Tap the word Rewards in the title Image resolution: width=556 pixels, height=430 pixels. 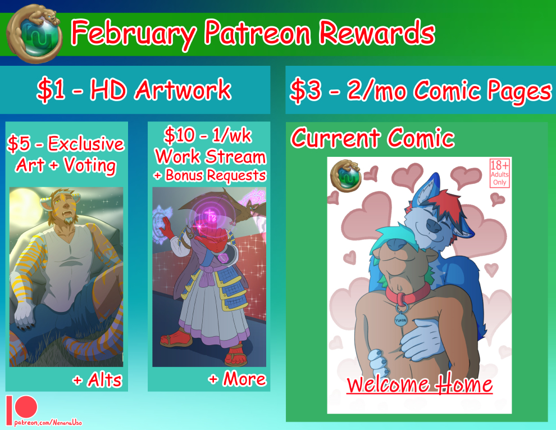coord(377,32)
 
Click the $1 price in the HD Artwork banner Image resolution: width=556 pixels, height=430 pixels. coord(51,89)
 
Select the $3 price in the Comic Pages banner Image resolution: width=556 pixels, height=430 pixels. coord(306,90)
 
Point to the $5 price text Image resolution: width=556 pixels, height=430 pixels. coord(19,144)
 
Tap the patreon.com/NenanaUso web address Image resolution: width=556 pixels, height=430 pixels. coord(48,423)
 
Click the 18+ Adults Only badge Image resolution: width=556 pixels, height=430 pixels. coord(500,173)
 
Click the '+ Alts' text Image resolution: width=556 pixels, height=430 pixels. coord(97,380)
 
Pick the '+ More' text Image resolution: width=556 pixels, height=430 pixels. coord(237,379)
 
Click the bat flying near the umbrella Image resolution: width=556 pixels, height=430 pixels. coord(249,207)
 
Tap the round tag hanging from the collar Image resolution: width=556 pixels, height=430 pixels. coord(400,319)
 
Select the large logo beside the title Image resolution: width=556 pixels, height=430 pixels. coord(34,34)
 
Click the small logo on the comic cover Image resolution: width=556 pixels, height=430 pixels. coord(345,175)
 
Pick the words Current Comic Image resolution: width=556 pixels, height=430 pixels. coord(373,138)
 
